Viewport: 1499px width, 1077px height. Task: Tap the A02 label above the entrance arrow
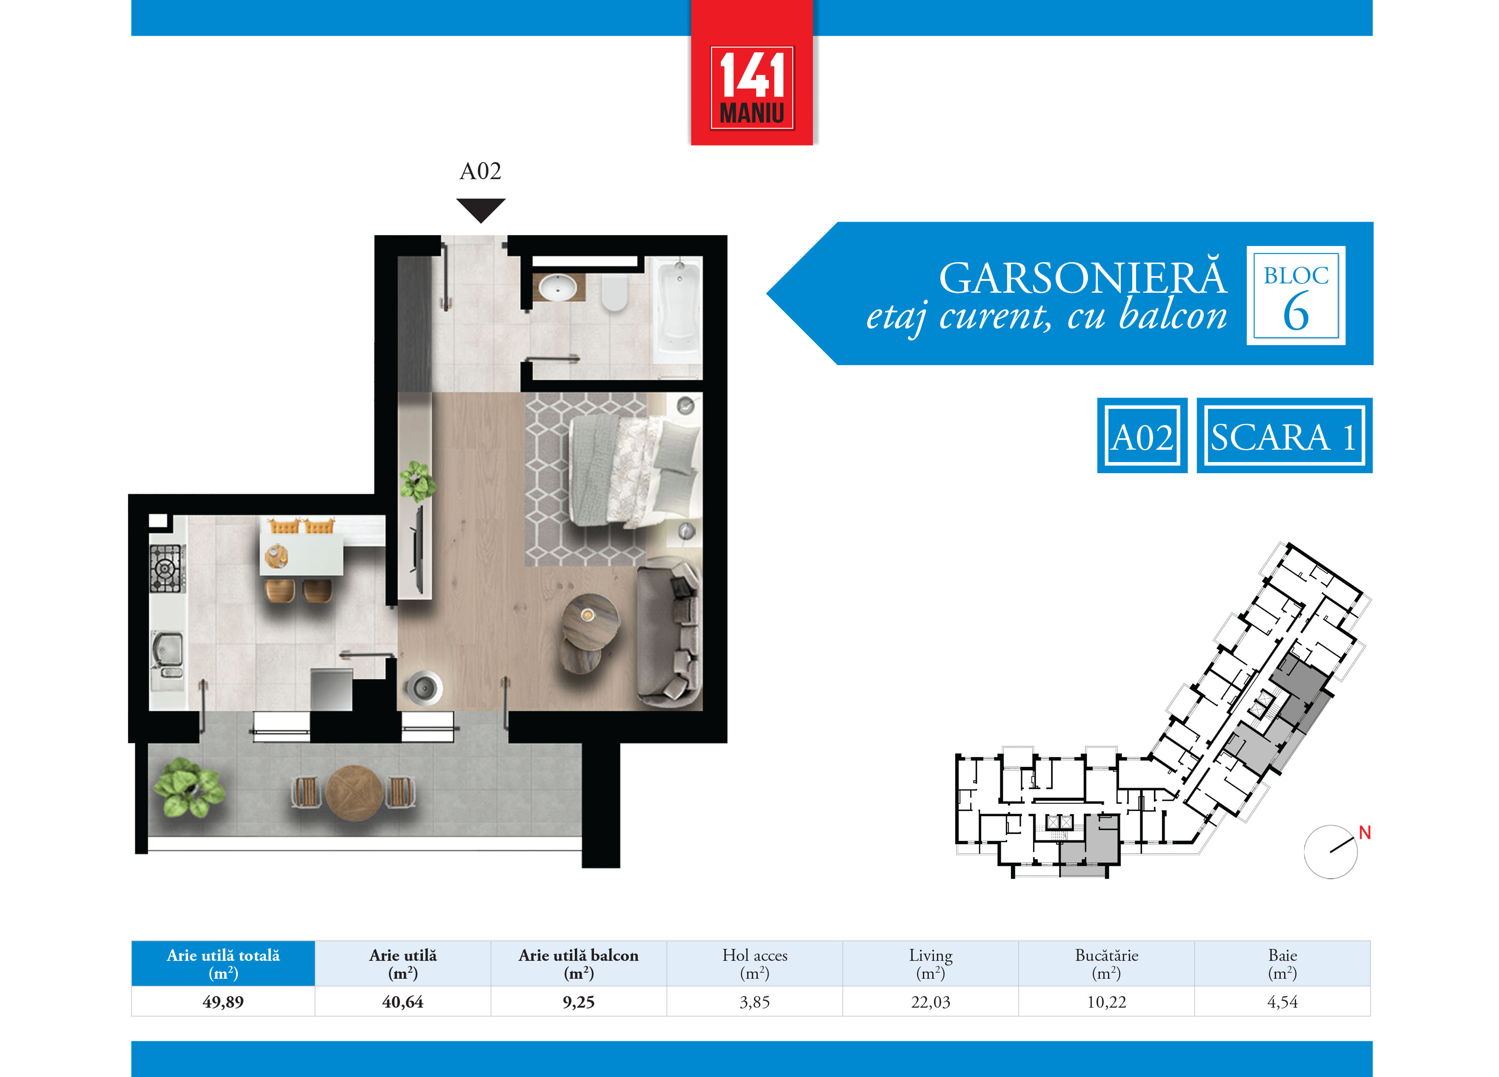click(x=480, y=171)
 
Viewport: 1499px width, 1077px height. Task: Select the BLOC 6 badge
click(x=1296, y=296)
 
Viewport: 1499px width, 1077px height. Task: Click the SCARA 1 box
click(x=1284, y=436)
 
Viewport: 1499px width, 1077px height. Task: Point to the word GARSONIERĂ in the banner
click(x=1082, y=278)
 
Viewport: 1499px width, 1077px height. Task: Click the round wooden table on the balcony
click(x=354, y=793)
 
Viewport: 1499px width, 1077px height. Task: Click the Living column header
click(x=931, y=964)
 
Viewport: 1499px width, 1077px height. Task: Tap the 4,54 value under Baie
click(x=1282, y=1002)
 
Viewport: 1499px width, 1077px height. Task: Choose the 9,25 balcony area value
click(x=578, y=1002)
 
